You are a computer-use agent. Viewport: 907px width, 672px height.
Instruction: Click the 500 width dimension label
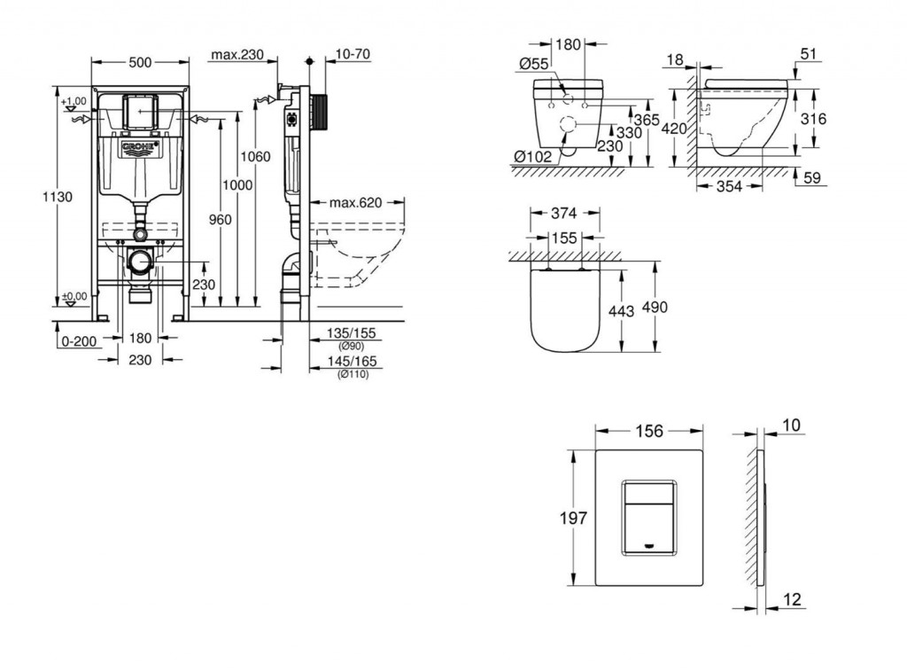point(140,62)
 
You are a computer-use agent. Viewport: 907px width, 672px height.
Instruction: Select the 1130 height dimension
point(58,197)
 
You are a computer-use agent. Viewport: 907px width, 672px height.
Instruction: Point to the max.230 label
point(237,55)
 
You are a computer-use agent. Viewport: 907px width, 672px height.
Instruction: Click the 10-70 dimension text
point(353,54)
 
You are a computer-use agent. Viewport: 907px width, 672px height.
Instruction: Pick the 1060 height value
point(255,156)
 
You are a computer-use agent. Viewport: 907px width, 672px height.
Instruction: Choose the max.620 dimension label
point(356,203)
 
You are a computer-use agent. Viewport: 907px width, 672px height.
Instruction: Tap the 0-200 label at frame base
point(79,341)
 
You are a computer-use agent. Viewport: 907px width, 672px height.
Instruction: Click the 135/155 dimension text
point(351,333)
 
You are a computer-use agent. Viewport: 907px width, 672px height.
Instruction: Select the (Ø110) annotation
point(353,374)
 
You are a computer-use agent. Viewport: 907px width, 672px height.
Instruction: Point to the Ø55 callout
point(533,64)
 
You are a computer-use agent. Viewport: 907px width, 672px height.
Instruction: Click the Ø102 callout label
point(532,156)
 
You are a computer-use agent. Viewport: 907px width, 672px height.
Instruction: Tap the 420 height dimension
point(674,129)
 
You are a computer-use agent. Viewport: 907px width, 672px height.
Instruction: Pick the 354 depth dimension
point(729,186)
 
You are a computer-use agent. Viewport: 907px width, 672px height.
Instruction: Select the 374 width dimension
point(563,214)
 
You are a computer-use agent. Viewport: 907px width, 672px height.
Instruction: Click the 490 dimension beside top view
point(655,307)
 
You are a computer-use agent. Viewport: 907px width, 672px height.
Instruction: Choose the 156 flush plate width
point(649,431)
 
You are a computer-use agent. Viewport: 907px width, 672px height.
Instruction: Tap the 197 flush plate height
point(573,518)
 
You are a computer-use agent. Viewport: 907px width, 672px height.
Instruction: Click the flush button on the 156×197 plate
point(649,517)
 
